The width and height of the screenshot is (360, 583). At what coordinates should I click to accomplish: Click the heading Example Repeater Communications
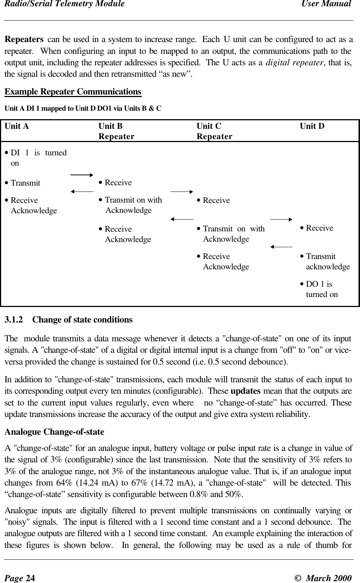coord(73,92)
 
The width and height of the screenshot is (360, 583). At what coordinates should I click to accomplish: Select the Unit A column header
coord(17,126)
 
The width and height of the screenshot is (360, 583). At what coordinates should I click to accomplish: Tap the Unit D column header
coord(312,126)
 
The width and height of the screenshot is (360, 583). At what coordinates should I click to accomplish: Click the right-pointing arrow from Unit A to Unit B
coord(82,174)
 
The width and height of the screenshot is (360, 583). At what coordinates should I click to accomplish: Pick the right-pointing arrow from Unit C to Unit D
coord(281,219)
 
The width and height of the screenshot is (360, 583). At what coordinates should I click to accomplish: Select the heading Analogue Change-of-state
coord(54,432)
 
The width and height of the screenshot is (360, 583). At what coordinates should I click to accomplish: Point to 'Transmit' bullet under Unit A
coord(25,183)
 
